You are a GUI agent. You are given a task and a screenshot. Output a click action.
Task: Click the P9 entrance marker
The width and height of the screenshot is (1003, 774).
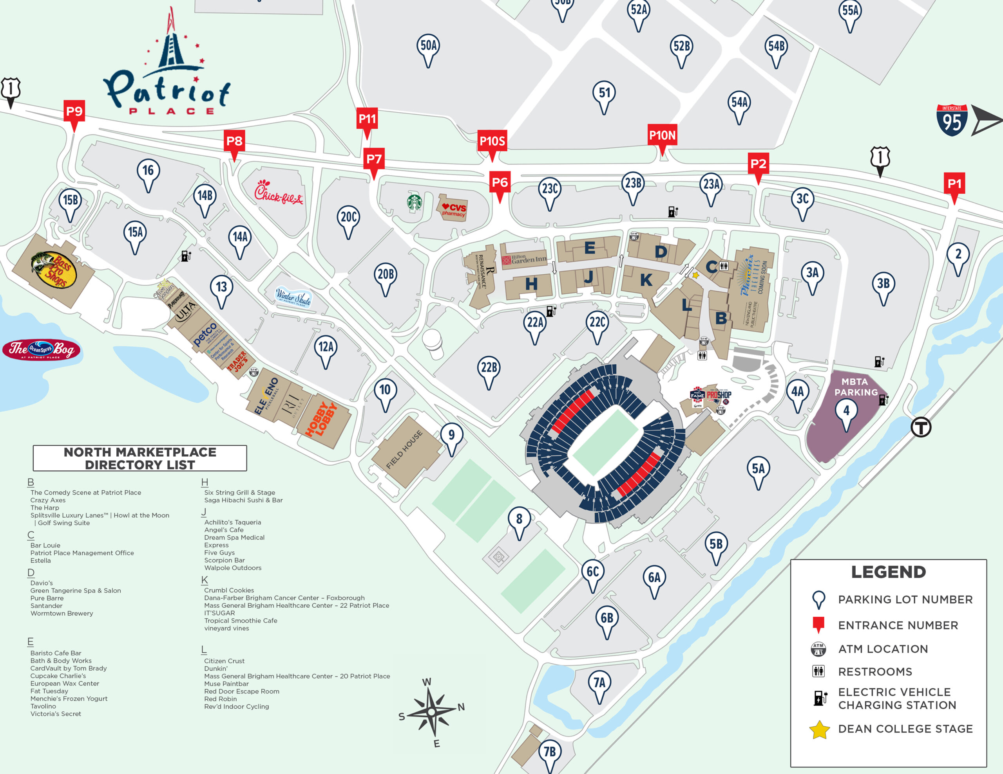tap(74, 112)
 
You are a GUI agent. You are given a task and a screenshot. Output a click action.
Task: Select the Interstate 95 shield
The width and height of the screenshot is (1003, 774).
tap(952, 121)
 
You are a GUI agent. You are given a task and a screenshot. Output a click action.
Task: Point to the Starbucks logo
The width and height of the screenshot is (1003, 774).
tap(414, 202)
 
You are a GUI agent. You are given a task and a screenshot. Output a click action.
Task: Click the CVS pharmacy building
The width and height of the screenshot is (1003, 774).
tap(453, 209)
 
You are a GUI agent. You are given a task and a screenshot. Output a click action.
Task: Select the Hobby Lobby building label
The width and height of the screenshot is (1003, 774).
tap(322, 419)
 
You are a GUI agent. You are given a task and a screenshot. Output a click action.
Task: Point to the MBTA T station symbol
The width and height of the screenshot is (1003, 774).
tap(921, 427)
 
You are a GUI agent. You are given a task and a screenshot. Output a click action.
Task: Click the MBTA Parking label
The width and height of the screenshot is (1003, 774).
tap(855, 387)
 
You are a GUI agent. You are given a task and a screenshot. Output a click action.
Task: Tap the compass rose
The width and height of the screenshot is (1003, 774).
tap(432, 712)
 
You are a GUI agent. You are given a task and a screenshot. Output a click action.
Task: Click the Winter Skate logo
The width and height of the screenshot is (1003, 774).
tap(293, 298)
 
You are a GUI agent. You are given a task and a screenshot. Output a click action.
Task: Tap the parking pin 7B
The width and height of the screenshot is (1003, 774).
tap(550, 752)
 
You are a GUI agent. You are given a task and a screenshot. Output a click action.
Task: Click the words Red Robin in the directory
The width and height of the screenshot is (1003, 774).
tap(221, 699)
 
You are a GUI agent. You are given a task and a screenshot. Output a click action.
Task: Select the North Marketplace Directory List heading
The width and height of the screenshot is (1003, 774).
tap(139, 458)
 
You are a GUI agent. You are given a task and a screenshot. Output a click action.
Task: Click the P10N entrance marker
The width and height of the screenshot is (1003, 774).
tap(662, 136)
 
